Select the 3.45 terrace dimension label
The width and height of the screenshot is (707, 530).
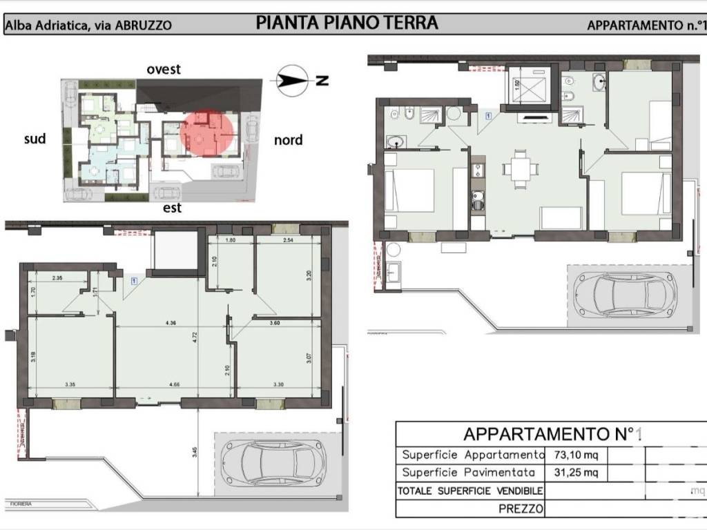[195, 453]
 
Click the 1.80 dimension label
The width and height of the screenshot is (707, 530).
[231, 241]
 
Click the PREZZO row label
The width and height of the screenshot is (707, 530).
[521, 509]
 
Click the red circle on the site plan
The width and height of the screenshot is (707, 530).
[206, 134]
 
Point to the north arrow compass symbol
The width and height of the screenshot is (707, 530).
[293, 80]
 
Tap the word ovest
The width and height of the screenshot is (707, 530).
[164, 69]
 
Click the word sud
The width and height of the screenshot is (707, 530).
[35, 139]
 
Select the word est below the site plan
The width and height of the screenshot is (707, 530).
[172, 207]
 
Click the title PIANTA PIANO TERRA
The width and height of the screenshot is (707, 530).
[347, 23]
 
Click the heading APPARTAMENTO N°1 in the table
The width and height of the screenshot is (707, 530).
[552, 434]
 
